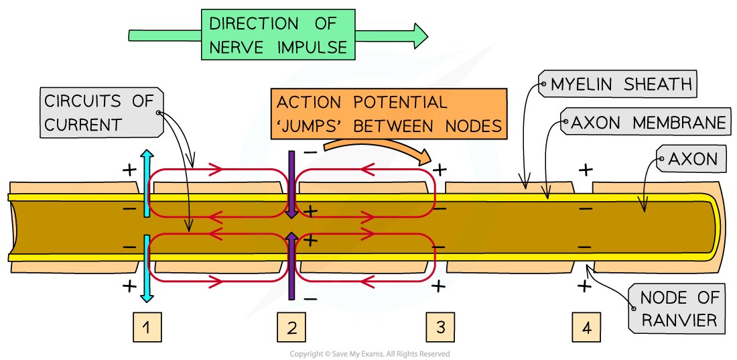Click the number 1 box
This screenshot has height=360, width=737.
pos(147,327)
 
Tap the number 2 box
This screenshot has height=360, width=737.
pos(291,327)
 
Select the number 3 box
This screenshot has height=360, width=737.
pos(440,327)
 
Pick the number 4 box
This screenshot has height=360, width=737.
pos(587,328)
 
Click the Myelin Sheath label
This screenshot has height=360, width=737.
pos(620,84)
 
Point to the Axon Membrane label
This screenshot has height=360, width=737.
pos(647,123)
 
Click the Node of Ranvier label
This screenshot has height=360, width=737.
pos(679,309)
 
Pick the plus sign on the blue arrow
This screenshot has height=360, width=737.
pos(438,287)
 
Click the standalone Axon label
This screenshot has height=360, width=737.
pos(692,159)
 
